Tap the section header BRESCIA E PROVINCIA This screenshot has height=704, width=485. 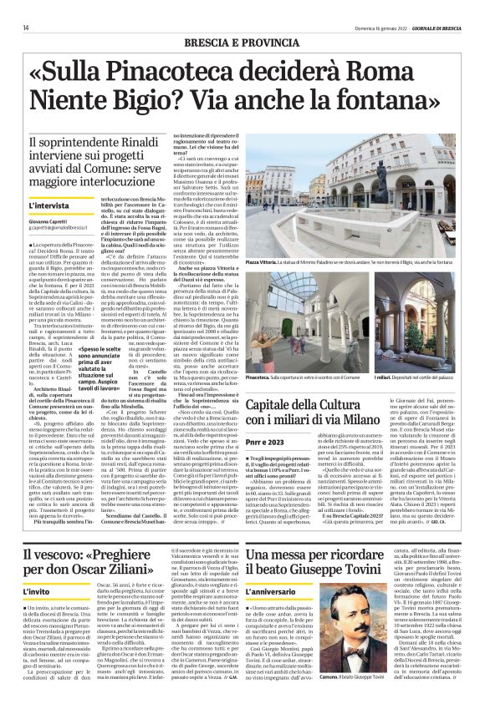242,41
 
